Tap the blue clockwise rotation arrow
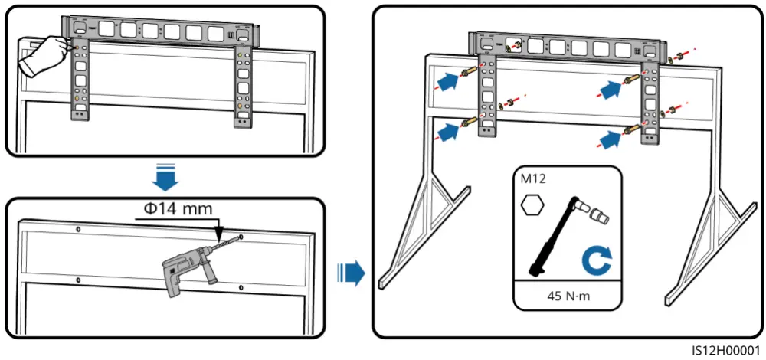pyautogui.click(x=596, y=260)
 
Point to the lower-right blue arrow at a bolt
pyautogui.click(x=611, y=139)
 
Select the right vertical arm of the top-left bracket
pyautogui.click(x=243, y=84)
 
